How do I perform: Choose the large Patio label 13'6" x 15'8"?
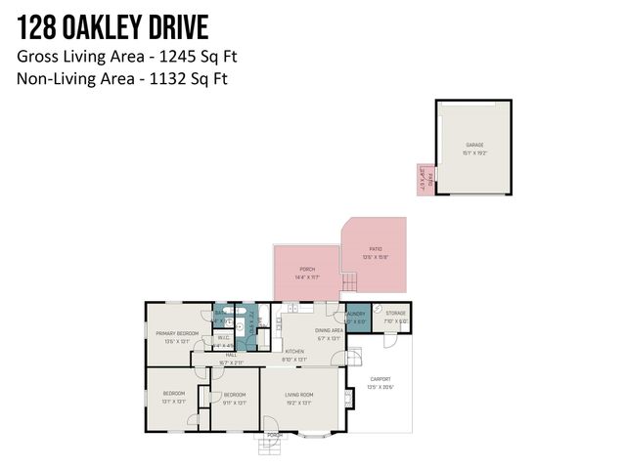[x=376, y=253]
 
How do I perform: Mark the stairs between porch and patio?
[x=349, y=284]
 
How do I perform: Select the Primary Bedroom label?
[x=177, y=334]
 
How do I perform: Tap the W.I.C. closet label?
[x=224, y=339]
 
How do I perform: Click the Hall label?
[x=232, y=356]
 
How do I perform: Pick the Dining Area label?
[x=329, y=331]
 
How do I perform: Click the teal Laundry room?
[x=356, y=318]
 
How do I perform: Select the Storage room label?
[x=395, y=316]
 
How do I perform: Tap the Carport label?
[x=379, y=382]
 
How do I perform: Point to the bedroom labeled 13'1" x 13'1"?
[x=173, y=396]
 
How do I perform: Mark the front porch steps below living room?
[x=268, y=447]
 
